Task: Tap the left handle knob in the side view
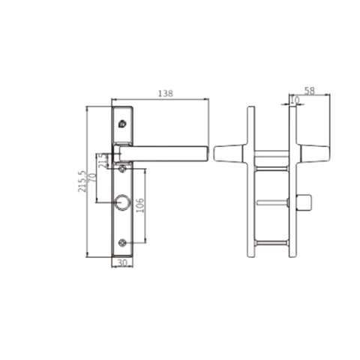pos(224,153)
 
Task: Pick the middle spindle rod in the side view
pos(270,203)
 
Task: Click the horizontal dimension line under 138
pos(159,100)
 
